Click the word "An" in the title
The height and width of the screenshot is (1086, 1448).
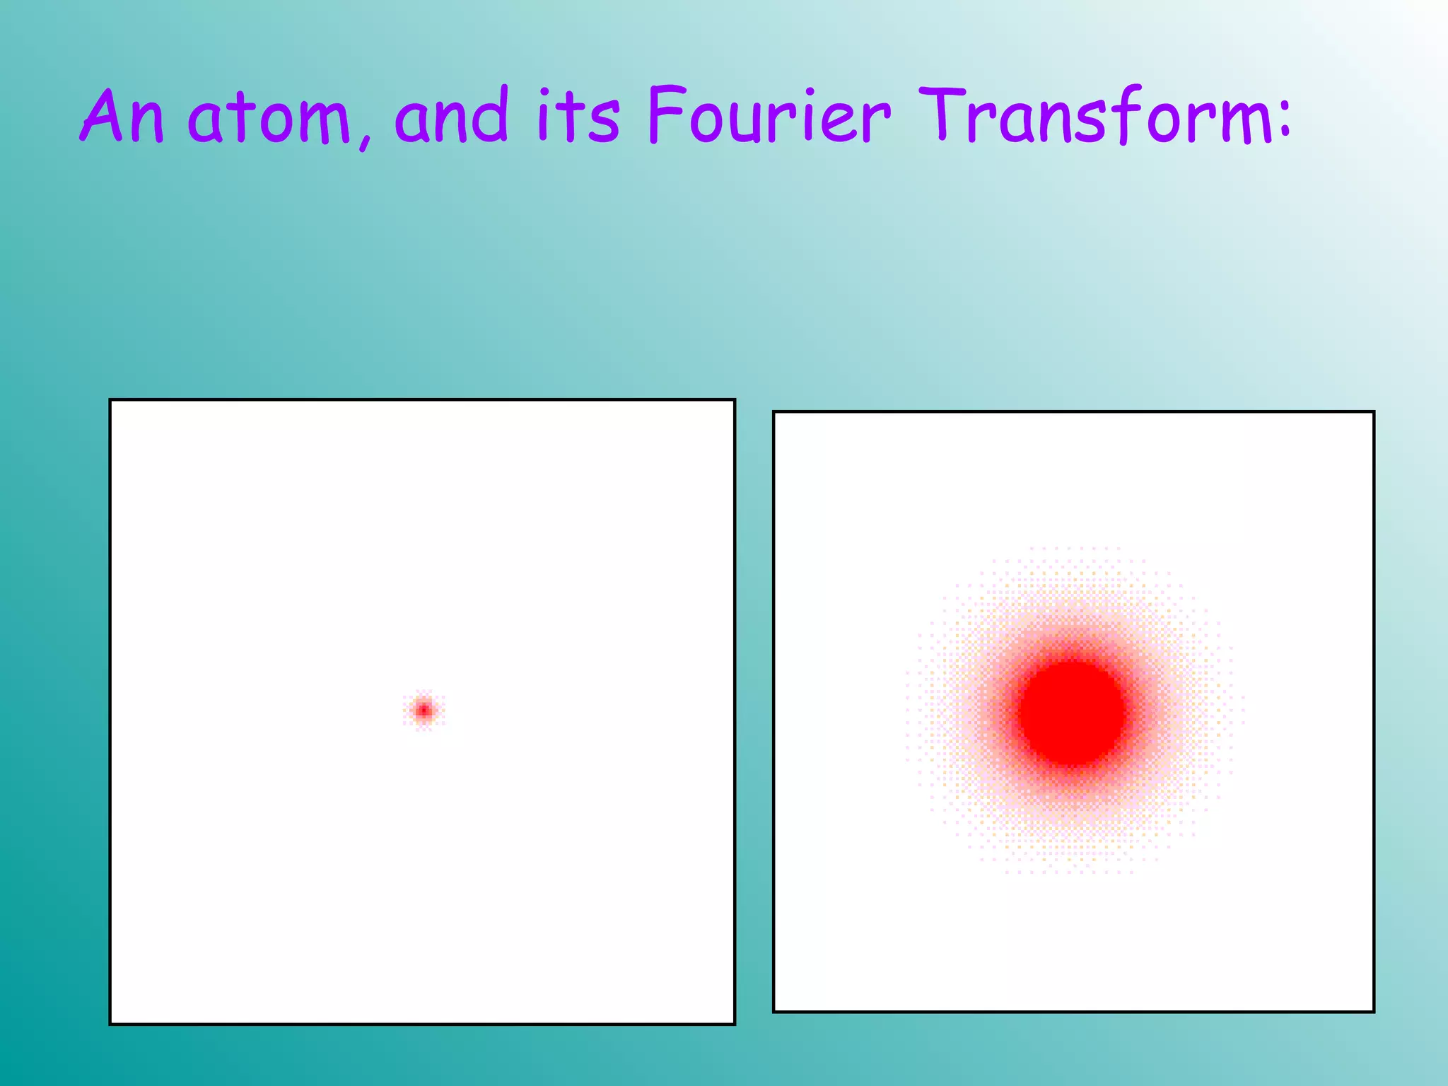point(122,116)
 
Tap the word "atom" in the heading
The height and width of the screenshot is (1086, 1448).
point(269,117)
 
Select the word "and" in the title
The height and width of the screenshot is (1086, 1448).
point(451,116)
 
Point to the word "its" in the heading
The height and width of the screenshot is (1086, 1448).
point(578,116)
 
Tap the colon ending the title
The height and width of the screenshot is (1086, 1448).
point(1283,117)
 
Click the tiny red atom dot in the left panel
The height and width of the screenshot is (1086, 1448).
point(424,710)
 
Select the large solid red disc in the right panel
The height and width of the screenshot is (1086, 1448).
point(1072,713)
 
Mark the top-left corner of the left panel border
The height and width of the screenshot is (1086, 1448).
point(110,400)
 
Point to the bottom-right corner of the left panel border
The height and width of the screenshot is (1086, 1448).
point(735,1023)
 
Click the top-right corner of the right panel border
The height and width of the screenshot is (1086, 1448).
point(1373,412)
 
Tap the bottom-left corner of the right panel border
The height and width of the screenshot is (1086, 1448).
point(774,1011)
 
